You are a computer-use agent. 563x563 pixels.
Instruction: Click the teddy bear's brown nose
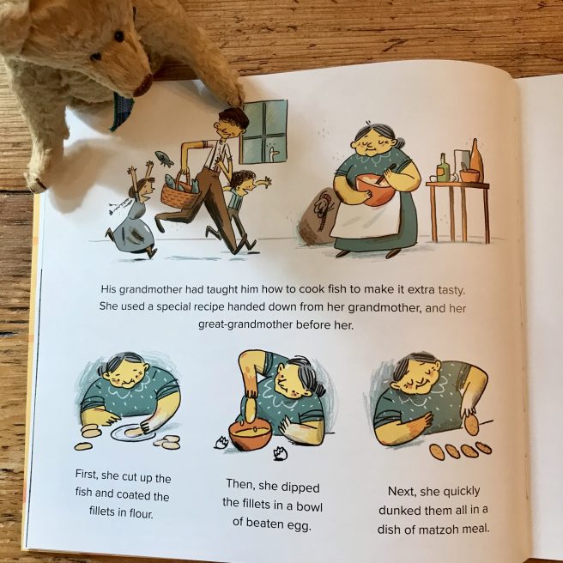144,85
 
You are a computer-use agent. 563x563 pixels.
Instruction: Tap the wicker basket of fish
179,193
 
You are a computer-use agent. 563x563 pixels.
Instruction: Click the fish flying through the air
164,158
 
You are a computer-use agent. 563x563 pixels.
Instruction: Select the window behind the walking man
264,131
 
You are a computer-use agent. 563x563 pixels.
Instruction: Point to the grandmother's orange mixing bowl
372,189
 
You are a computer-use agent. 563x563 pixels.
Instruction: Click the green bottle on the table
444,168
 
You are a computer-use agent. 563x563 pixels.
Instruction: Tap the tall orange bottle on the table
476,160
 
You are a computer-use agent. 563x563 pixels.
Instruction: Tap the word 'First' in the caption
86,474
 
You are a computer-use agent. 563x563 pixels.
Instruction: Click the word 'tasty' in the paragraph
451,290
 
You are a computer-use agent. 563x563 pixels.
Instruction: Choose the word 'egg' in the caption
299,525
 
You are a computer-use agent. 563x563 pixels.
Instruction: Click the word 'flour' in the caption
141,513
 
